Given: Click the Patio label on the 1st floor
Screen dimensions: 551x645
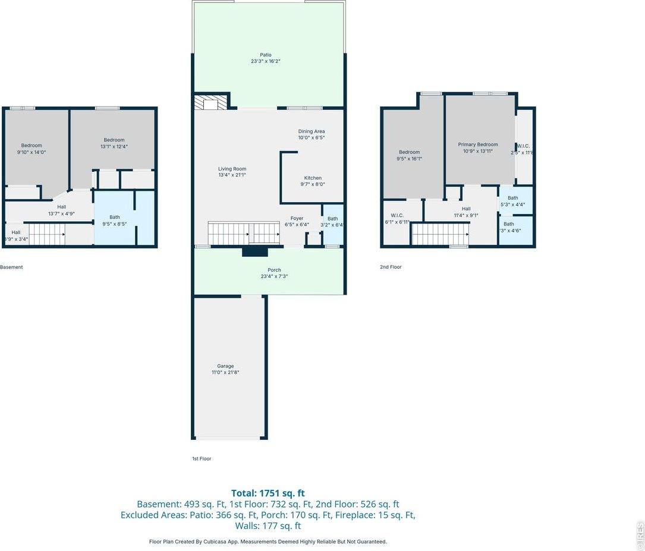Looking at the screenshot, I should (265, 55).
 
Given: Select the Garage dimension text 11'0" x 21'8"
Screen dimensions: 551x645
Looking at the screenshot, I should (225, 373).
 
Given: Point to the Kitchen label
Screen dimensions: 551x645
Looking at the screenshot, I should (313, 178).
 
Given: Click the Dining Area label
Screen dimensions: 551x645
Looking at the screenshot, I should (312, 131).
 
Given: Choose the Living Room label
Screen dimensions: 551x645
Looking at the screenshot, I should (232, 169).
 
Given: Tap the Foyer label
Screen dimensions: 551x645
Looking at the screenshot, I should (297, 218).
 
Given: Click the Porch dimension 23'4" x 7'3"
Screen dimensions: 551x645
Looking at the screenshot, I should (274, 276).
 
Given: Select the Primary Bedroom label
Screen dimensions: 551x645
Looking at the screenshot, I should (478, 144).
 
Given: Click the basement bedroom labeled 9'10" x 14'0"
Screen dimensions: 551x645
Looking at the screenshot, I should (32, 146).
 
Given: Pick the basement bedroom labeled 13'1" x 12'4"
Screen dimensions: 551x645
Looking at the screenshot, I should (114, 140).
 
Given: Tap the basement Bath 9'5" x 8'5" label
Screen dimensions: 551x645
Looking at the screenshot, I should (114, 217).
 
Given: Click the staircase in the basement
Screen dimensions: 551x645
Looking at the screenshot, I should (48, 234).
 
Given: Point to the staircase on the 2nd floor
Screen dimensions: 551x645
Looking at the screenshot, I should (440, 234).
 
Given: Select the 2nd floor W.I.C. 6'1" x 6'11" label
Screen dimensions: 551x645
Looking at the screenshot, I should (397, 215).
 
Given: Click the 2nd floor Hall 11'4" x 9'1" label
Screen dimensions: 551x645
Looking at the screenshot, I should (466, 209).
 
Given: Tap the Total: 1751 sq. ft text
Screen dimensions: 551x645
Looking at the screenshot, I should (268, 493).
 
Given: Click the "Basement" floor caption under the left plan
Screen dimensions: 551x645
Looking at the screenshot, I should (11, 267).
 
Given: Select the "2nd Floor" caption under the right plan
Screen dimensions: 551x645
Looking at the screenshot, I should (391, 267).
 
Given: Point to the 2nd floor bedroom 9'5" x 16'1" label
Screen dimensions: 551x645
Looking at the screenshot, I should (409, 152).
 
